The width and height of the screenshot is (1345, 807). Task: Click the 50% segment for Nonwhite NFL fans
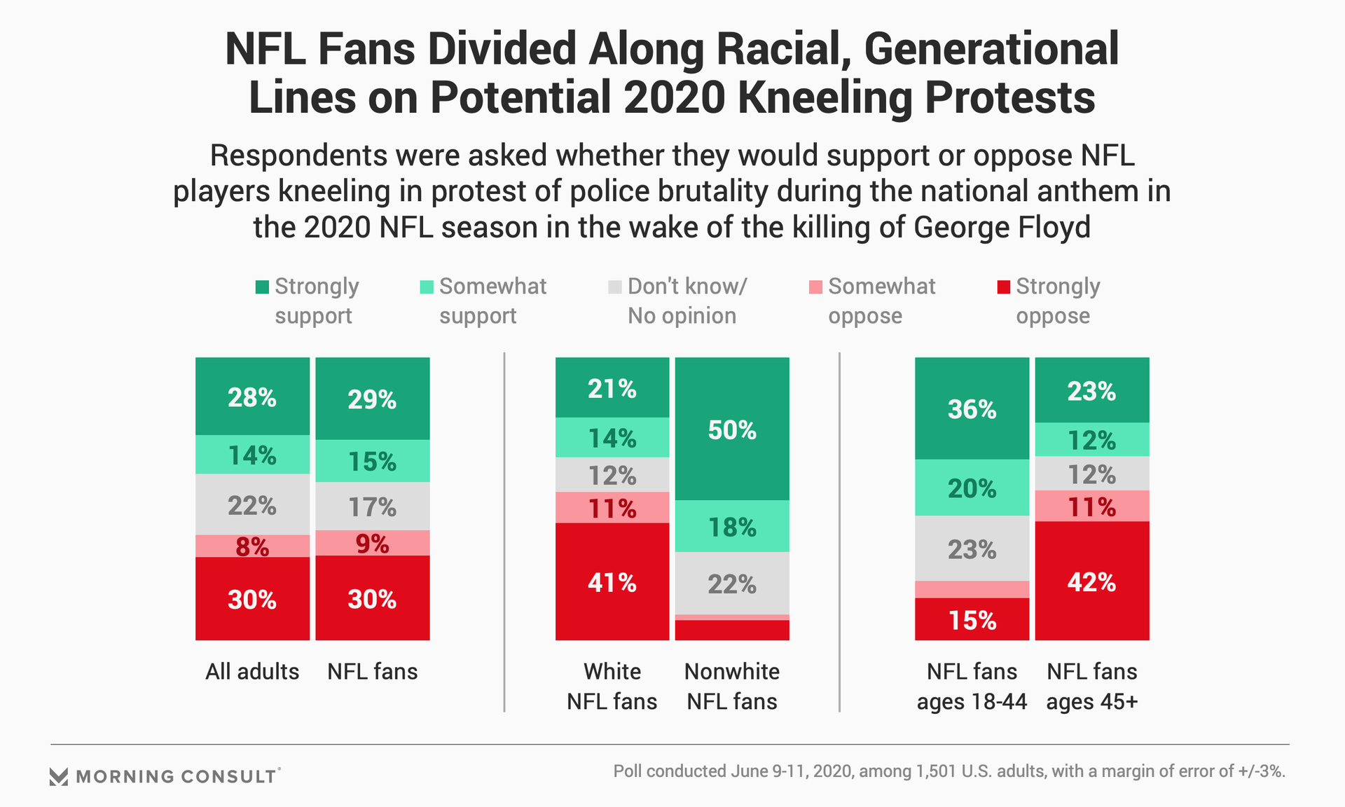point(732,429)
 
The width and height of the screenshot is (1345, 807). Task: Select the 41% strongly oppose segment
point(612,581)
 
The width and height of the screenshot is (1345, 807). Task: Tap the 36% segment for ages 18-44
point(972,408)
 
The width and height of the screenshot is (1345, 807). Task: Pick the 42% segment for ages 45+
point(1091,581)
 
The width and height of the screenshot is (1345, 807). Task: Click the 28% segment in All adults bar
point(252,396)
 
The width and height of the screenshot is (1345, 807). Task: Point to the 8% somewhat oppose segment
point(252,546)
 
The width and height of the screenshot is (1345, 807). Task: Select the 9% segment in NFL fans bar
point(372,543)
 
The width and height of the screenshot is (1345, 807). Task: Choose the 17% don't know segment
point(372,506)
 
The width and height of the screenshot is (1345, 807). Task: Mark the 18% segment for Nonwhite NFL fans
point(732,526)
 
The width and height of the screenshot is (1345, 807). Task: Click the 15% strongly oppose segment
point(972,619)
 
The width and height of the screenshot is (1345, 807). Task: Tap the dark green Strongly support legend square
point(262,287)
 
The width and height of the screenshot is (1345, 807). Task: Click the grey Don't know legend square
point(615,287)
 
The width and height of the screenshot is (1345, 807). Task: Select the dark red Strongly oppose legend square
point(1003,287)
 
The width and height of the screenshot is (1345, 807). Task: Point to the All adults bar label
point(252,671)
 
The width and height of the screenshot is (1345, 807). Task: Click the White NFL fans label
point(612,686)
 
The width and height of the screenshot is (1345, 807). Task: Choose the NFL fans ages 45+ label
point(1091,686)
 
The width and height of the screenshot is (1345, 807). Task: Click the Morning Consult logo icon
point(59,776)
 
